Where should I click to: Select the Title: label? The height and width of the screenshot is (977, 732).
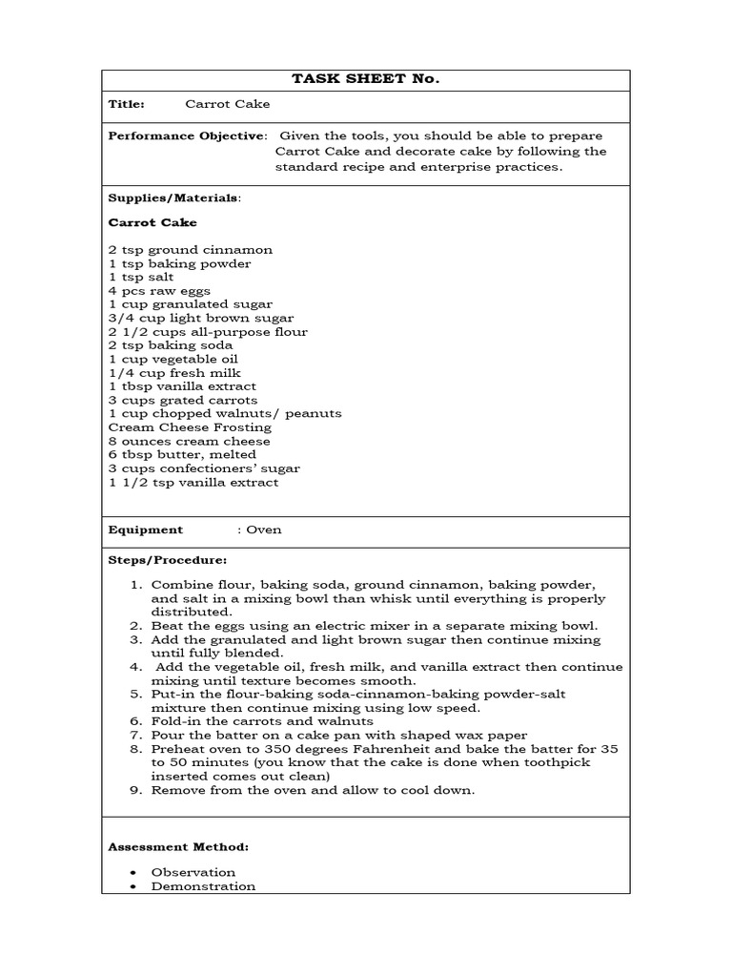click(127, 104)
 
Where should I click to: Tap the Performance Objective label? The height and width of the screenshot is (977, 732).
click(186, 136)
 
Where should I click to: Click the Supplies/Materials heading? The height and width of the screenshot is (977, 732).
click(174, 198)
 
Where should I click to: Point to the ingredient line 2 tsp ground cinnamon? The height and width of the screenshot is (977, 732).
click(191, 250)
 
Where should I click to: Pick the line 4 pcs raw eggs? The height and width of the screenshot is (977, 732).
click(159, 291)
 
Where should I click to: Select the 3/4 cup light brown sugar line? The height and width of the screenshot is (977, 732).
click(201, 318)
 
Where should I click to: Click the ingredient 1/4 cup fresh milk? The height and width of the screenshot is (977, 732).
click(174, 373)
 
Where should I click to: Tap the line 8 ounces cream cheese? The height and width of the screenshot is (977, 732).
click(190, 441)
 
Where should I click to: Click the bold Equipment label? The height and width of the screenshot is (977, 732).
click(145, 530)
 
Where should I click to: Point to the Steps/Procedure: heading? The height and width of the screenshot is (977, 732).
click(168, 560)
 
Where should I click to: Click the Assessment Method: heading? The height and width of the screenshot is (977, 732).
click(178, 846)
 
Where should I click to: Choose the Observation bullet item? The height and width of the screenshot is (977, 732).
click(193, 872)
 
